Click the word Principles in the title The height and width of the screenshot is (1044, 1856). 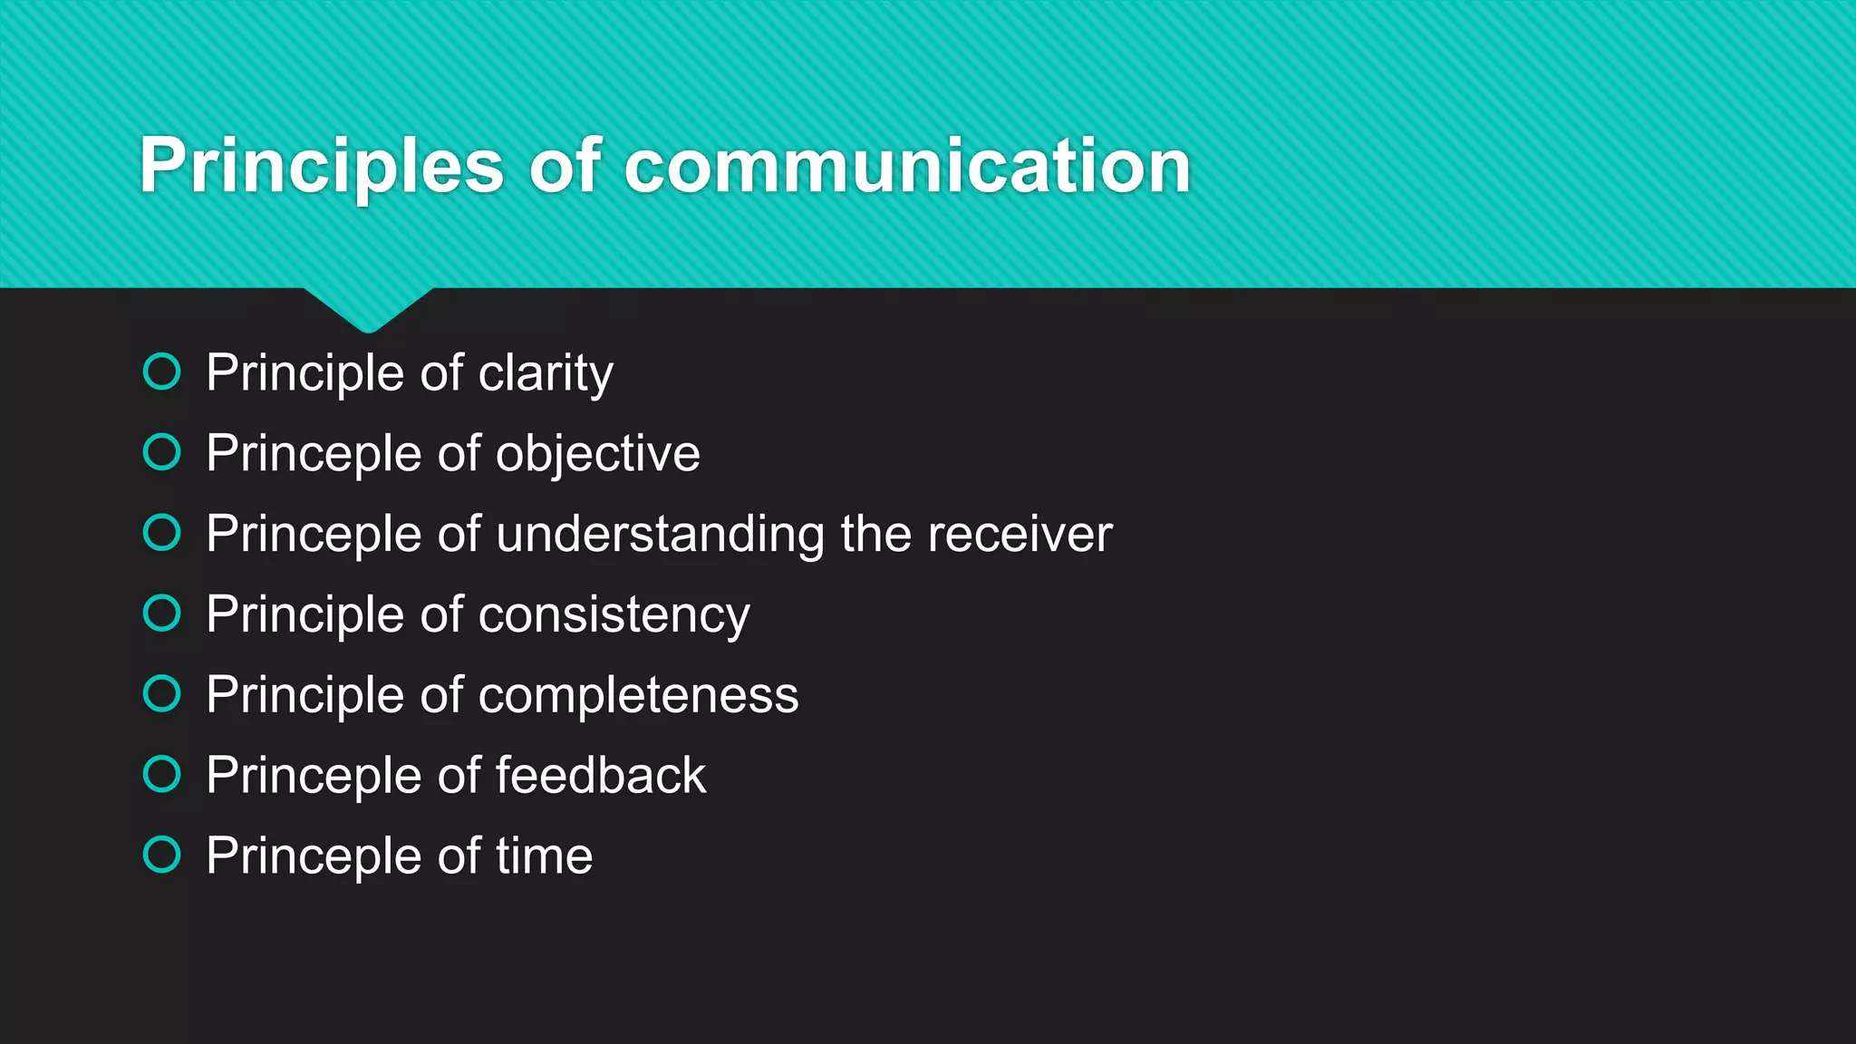pyautogui.click(x=321, y=167)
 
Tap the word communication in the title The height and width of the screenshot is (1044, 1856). pyautogui.click(x=907, y=167)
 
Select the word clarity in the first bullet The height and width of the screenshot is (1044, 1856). pyautogui.click(x=546, y=373)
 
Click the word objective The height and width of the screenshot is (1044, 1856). pyautogui.click(x=597, y=453)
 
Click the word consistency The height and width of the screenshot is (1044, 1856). pyautogui.click(x=614, y=614)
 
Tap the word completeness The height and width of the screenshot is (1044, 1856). pyautogui.click(x=638, y=695)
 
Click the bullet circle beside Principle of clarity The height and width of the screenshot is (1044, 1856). pyautogui.click(x=162, y=372)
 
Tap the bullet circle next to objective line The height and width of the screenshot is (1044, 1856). pyautogui.click(x=162, y=451)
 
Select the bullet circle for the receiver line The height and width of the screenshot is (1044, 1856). pyautogui.click(x=162, y=532)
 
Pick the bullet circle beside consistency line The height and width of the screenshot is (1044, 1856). pyautogui.click(x=162, y=613)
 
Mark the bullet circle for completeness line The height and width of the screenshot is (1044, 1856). pyautogui.click(x=162, y=693)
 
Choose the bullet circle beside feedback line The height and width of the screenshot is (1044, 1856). pyautogui.click(x=162, y=774)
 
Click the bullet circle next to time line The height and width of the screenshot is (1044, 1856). pyautogui.click(x=162, y=854)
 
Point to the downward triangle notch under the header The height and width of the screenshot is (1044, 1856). pyautogui.click(x=368, y=308)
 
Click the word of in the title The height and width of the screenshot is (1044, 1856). pyautogui.click(x=565, y=167)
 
